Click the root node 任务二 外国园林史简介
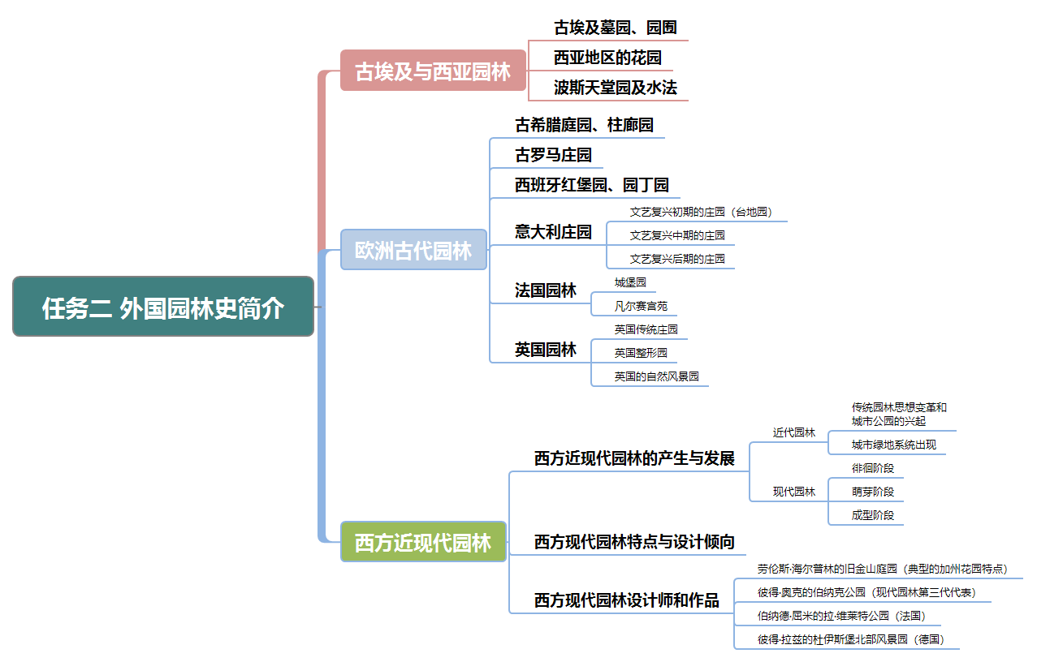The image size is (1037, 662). pyautogui.click(x=163, y=307)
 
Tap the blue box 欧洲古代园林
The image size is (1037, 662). pyautogui.click(x=413, y=250)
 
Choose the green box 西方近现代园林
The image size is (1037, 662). pyautogui.click(x=423, y=542)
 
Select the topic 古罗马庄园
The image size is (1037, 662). pyautogui.click(x=553, y=155)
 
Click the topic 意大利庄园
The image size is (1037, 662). pyautogui.click(x=553, y=232)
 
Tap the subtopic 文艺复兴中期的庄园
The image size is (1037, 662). pyautogui.click(x=677, y=235)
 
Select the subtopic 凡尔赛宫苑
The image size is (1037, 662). pyautogui.click(x=641, y=306)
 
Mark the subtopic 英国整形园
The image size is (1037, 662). pyautogui.click(x=641, y=353)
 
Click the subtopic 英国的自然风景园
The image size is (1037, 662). pyautogui.click(x=656, y=376)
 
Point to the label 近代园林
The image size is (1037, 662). pyautogui.click(x=793, y=432)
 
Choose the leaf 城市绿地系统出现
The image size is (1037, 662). pyautogui.click(x=893, y=445)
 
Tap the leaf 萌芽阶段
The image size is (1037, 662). pyautogui.click(x=872, y=492)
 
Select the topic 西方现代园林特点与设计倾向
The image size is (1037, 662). pyautogui.click(x=634, y=542)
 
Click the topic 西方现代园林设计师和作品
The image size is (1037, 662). pyautogui.click(x=626, y=601)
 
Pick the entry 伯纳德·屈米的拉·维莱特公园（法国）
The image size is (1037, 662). pyautogui.click(x=841, y=616)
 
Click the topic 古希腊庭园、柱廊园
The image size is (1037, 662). pyautogui.click(x=584, y=125)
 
